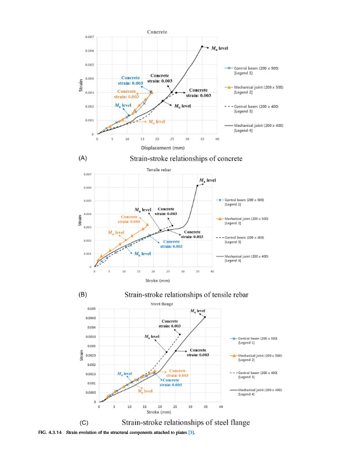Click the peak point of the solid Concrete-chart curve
point(202,47)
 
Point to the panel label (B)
point(83,294)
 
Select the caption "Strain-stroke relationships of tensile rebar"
point(186,294)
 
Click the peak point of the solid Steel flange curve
point(204,317)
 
